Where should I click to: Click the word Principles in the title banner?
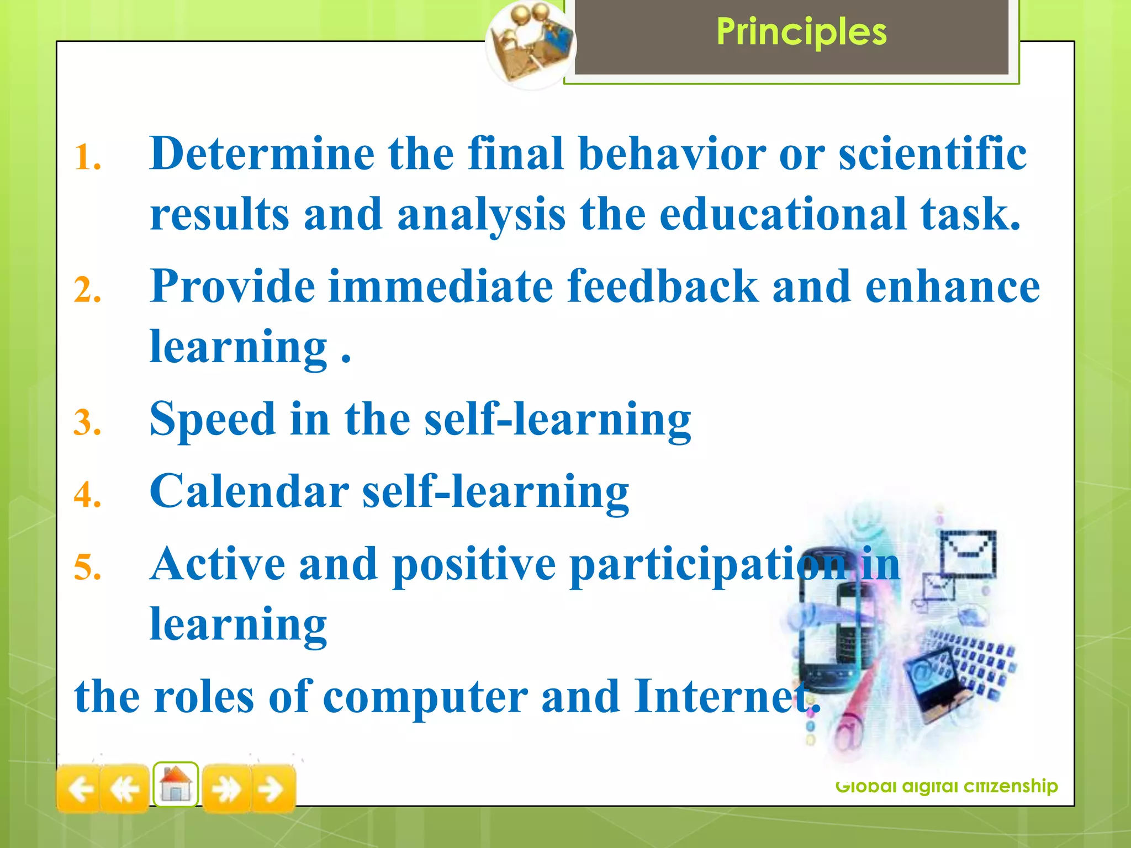801,32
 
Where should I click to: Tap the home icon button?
176,785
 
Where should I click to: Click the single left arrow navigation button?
79,789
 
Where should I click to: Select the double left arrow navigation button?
125,789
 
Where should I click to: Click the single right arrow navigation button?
272,789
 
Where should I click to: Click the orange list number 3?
87,423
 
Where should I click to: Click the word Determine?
262,153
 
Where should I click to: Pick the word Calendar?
249,491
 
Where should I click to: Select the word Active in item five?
218,564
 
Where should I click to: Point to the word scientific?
932,153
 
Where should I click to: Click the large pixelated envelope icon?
968,553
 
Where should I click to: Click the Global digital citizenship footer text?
946,786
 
